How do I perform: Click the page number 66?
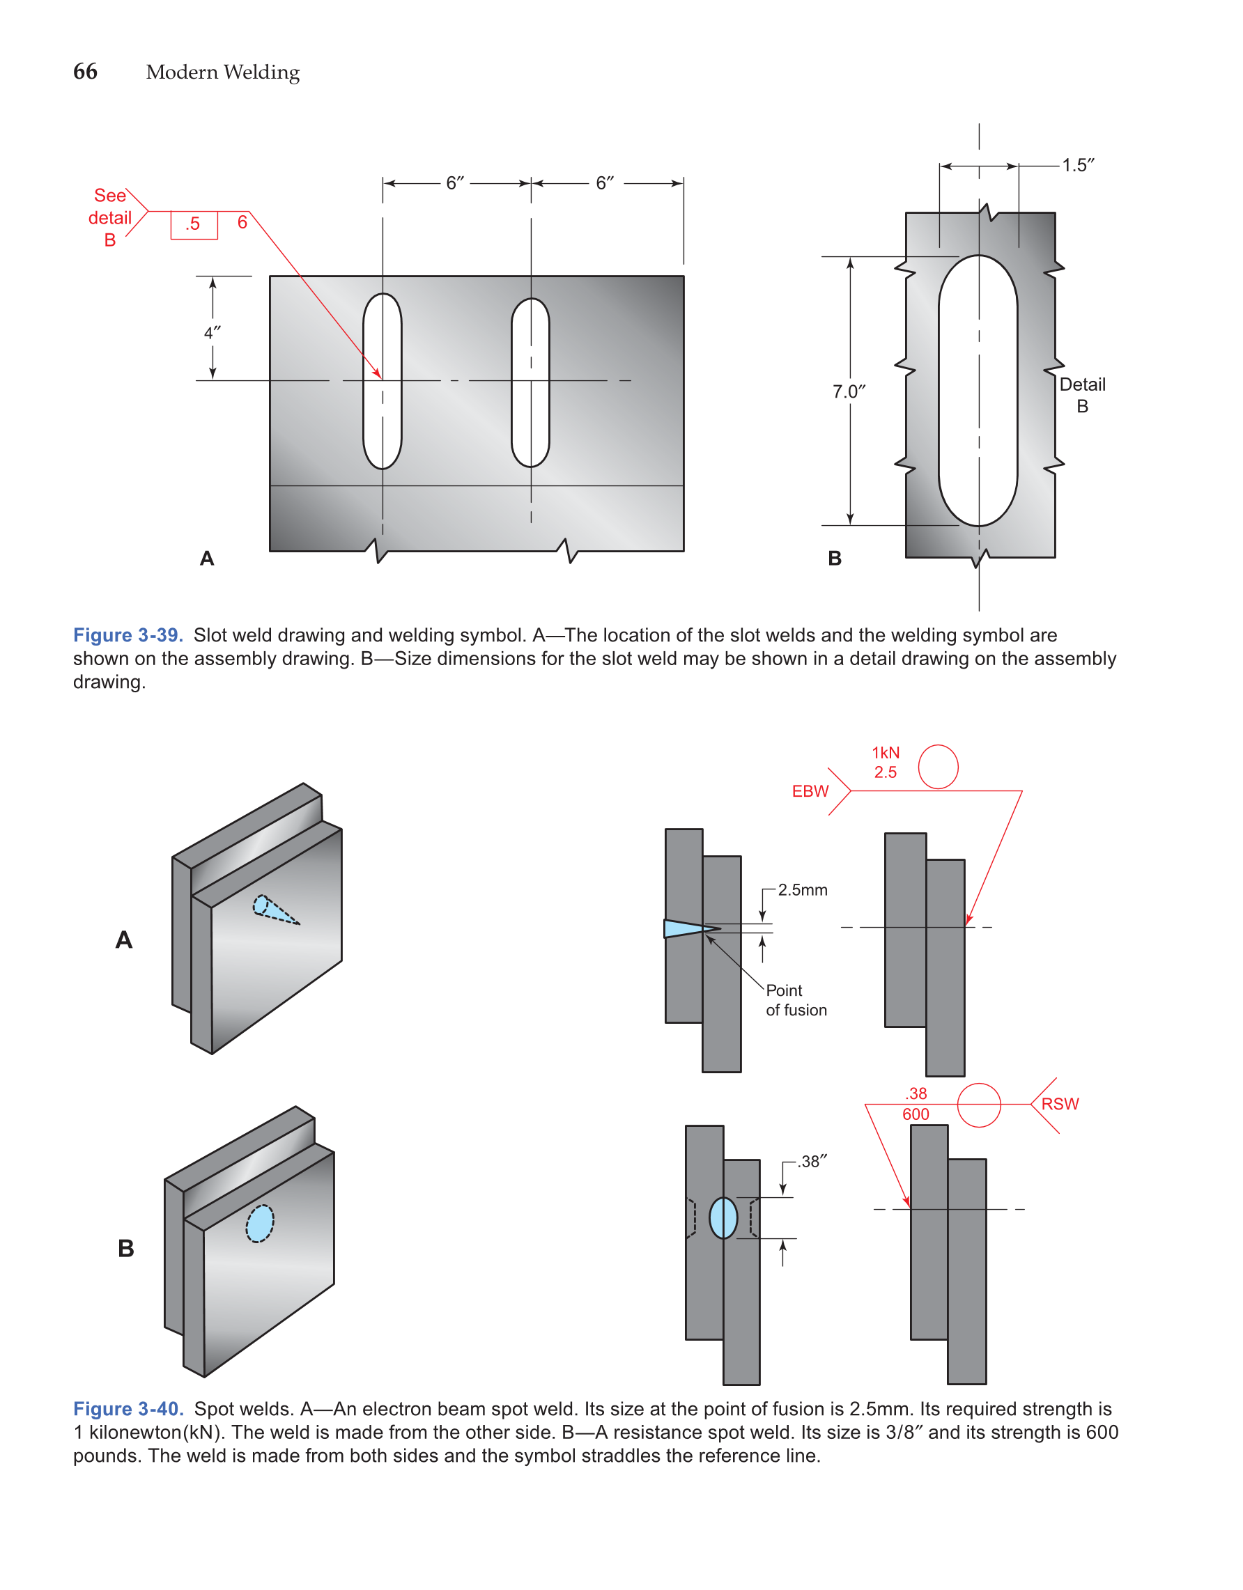85,71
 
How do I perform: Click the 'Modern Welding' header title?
222,72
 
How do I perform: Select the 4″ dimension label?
212,333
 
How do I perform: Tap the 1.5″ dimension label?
1077,165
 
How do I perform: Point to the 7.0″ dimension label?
849,391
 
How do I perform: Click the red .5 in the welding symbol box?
193,224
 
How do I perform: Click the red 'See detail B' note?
110,217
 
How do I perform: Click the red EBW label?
810,791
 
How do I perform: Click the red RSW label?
1060,1104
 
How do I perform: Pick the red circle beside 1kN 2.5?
938,767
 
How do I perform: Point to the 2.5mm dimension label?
803,889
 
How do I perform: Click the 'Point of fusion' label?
795,1000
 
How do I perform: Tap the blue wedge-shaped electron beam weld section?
684,928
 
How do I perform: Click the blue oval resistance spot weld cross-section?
723,1218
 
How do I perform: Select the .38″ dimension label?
812,1161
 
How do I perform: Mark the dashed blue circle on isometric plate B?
260,1224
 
